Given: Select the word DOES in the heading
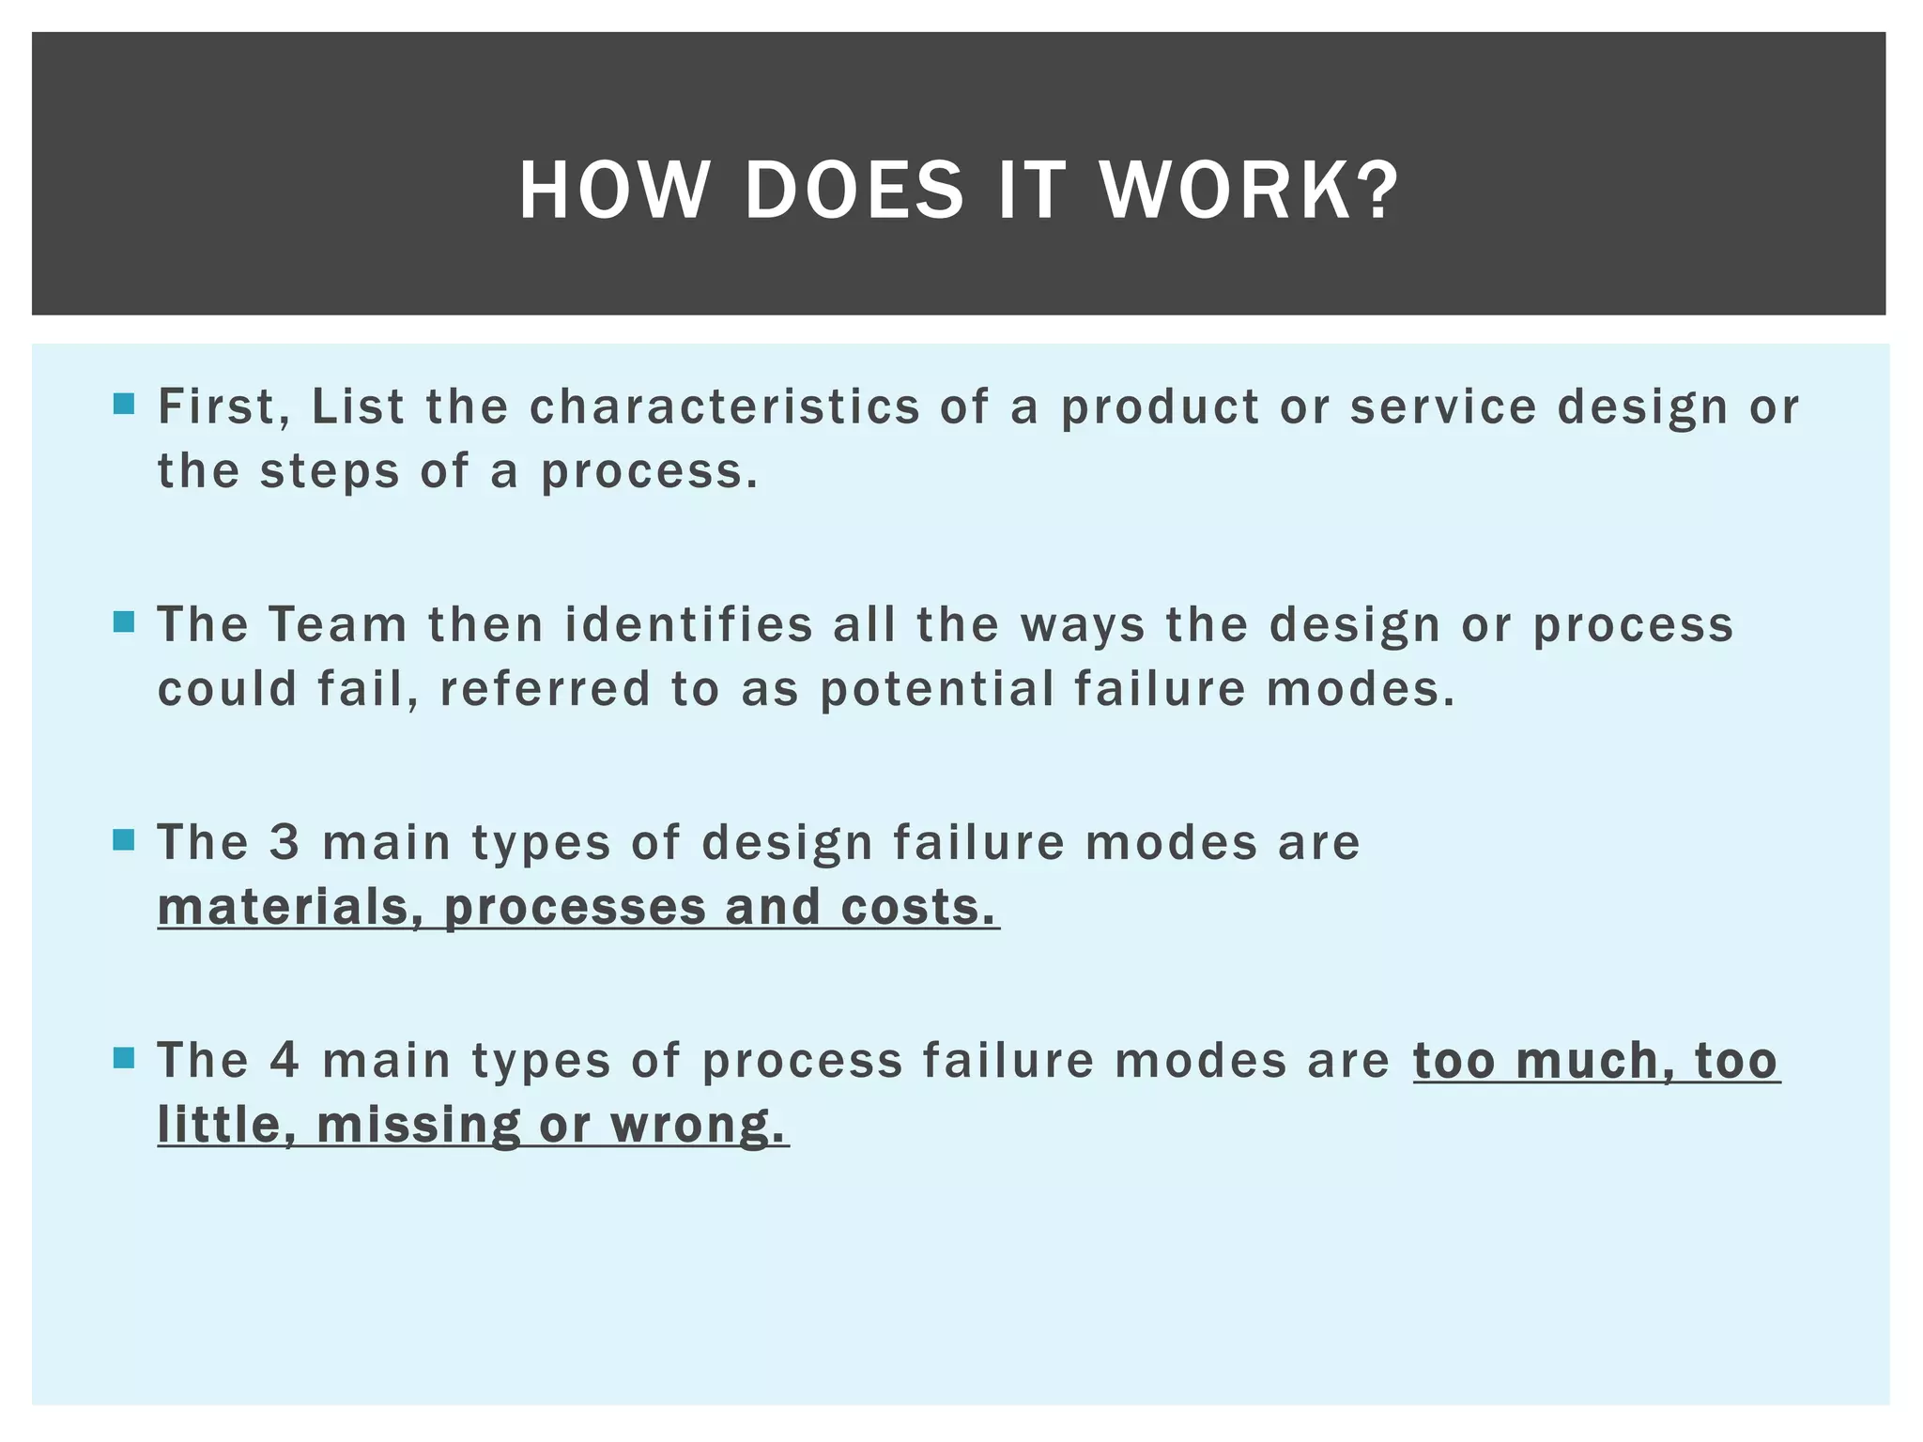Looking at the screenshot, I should (x=854, y=191).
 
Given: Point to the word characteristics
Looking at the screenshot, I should (x=724, y=407).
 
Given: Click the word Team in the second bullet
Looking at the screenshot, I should (x=338, y=625).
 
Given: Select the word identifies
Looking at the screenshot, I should (x=688, y=625).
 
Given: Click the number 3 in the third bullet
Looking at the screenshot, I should (x=284, y=842).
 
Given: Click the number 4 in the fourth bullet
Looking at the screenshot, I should (x=284, y=1061).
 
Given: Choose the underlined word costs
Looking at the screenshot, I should (x=917, y=908).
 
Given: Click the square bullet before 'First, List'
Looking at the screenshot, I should (x=124, y=405).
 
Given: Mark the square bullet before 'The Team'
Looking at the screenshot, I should (x=124, y=622).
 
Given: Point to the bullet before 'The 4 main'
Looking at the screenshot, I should (x=124, y=1059).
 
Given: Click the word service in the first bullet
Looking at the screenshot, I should (x=1443, y=407).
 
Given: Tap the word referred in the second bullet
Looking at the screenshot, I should (x=545, y=689).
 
